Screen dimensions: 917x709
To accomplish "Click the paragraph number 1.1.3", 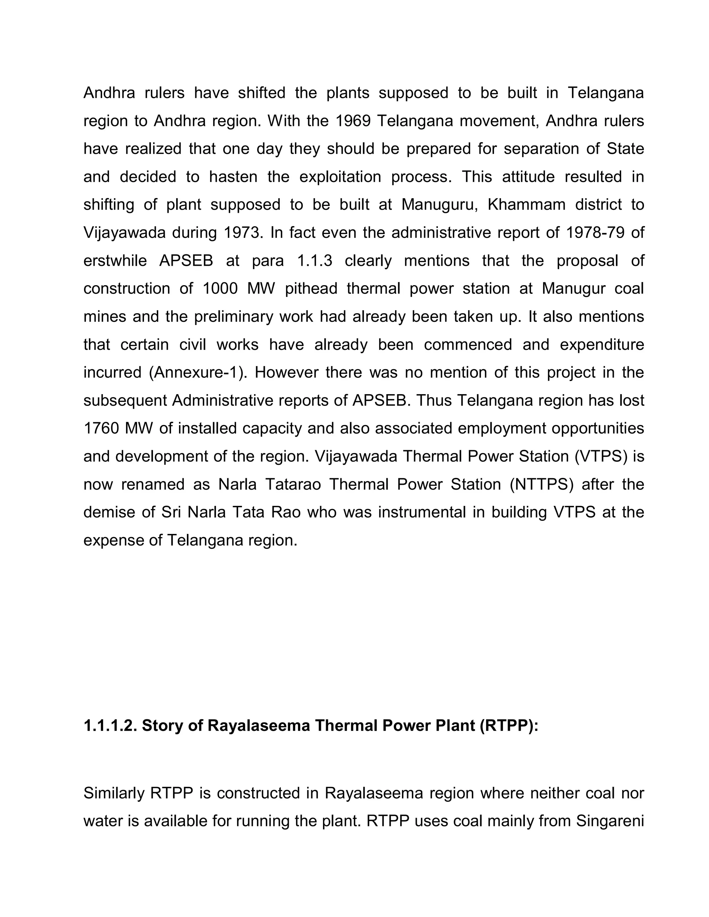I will click(315, 261).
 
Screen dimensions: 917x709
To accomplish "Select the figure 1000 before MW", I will click(220, 289).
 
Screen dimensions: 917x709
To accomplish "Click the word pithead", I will click(311, 289).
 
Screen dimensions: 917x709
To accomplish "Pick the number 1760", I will click(101, 428).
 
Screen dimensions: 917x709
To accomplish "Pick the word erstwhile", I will click(115, 261).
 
